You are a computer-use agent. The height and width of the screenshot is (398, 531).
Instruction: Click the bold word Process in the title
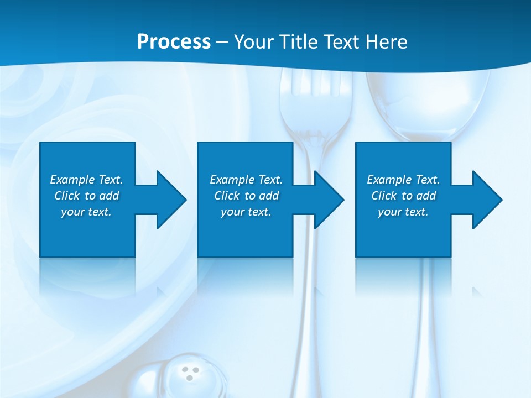pyautogui.click(x=174, y=42)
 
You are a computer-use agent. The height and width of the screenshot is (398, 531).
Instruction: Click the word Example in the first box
pyautogui.click(x=72, y=180)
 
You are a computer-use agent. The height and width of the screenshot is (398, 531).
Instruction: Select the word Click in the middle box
pyautogui.click(x=227, y=196)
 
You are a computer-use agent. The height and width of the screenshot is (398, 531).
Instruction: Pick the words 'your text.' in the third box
pyautogui.click(x=403, y=212)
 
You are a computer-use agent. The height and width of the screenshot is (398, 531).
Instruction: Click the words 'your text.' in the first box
pyautogui.click(x=86, y=212)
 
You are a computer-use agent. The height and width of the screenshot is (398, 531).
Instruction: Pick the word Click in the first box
pyautogui.click(x=67, y=196)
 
